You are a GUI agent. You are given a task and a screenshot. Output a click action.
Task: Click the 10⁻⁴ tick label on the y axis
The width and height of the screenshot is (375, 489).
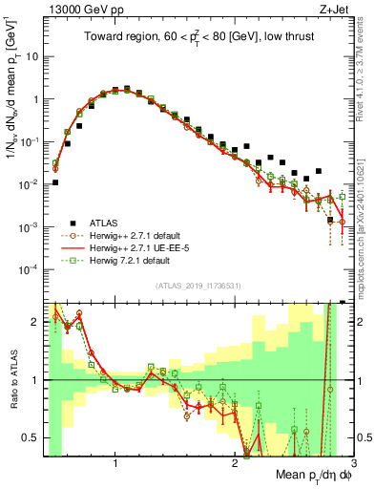(x=28, y=269)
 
